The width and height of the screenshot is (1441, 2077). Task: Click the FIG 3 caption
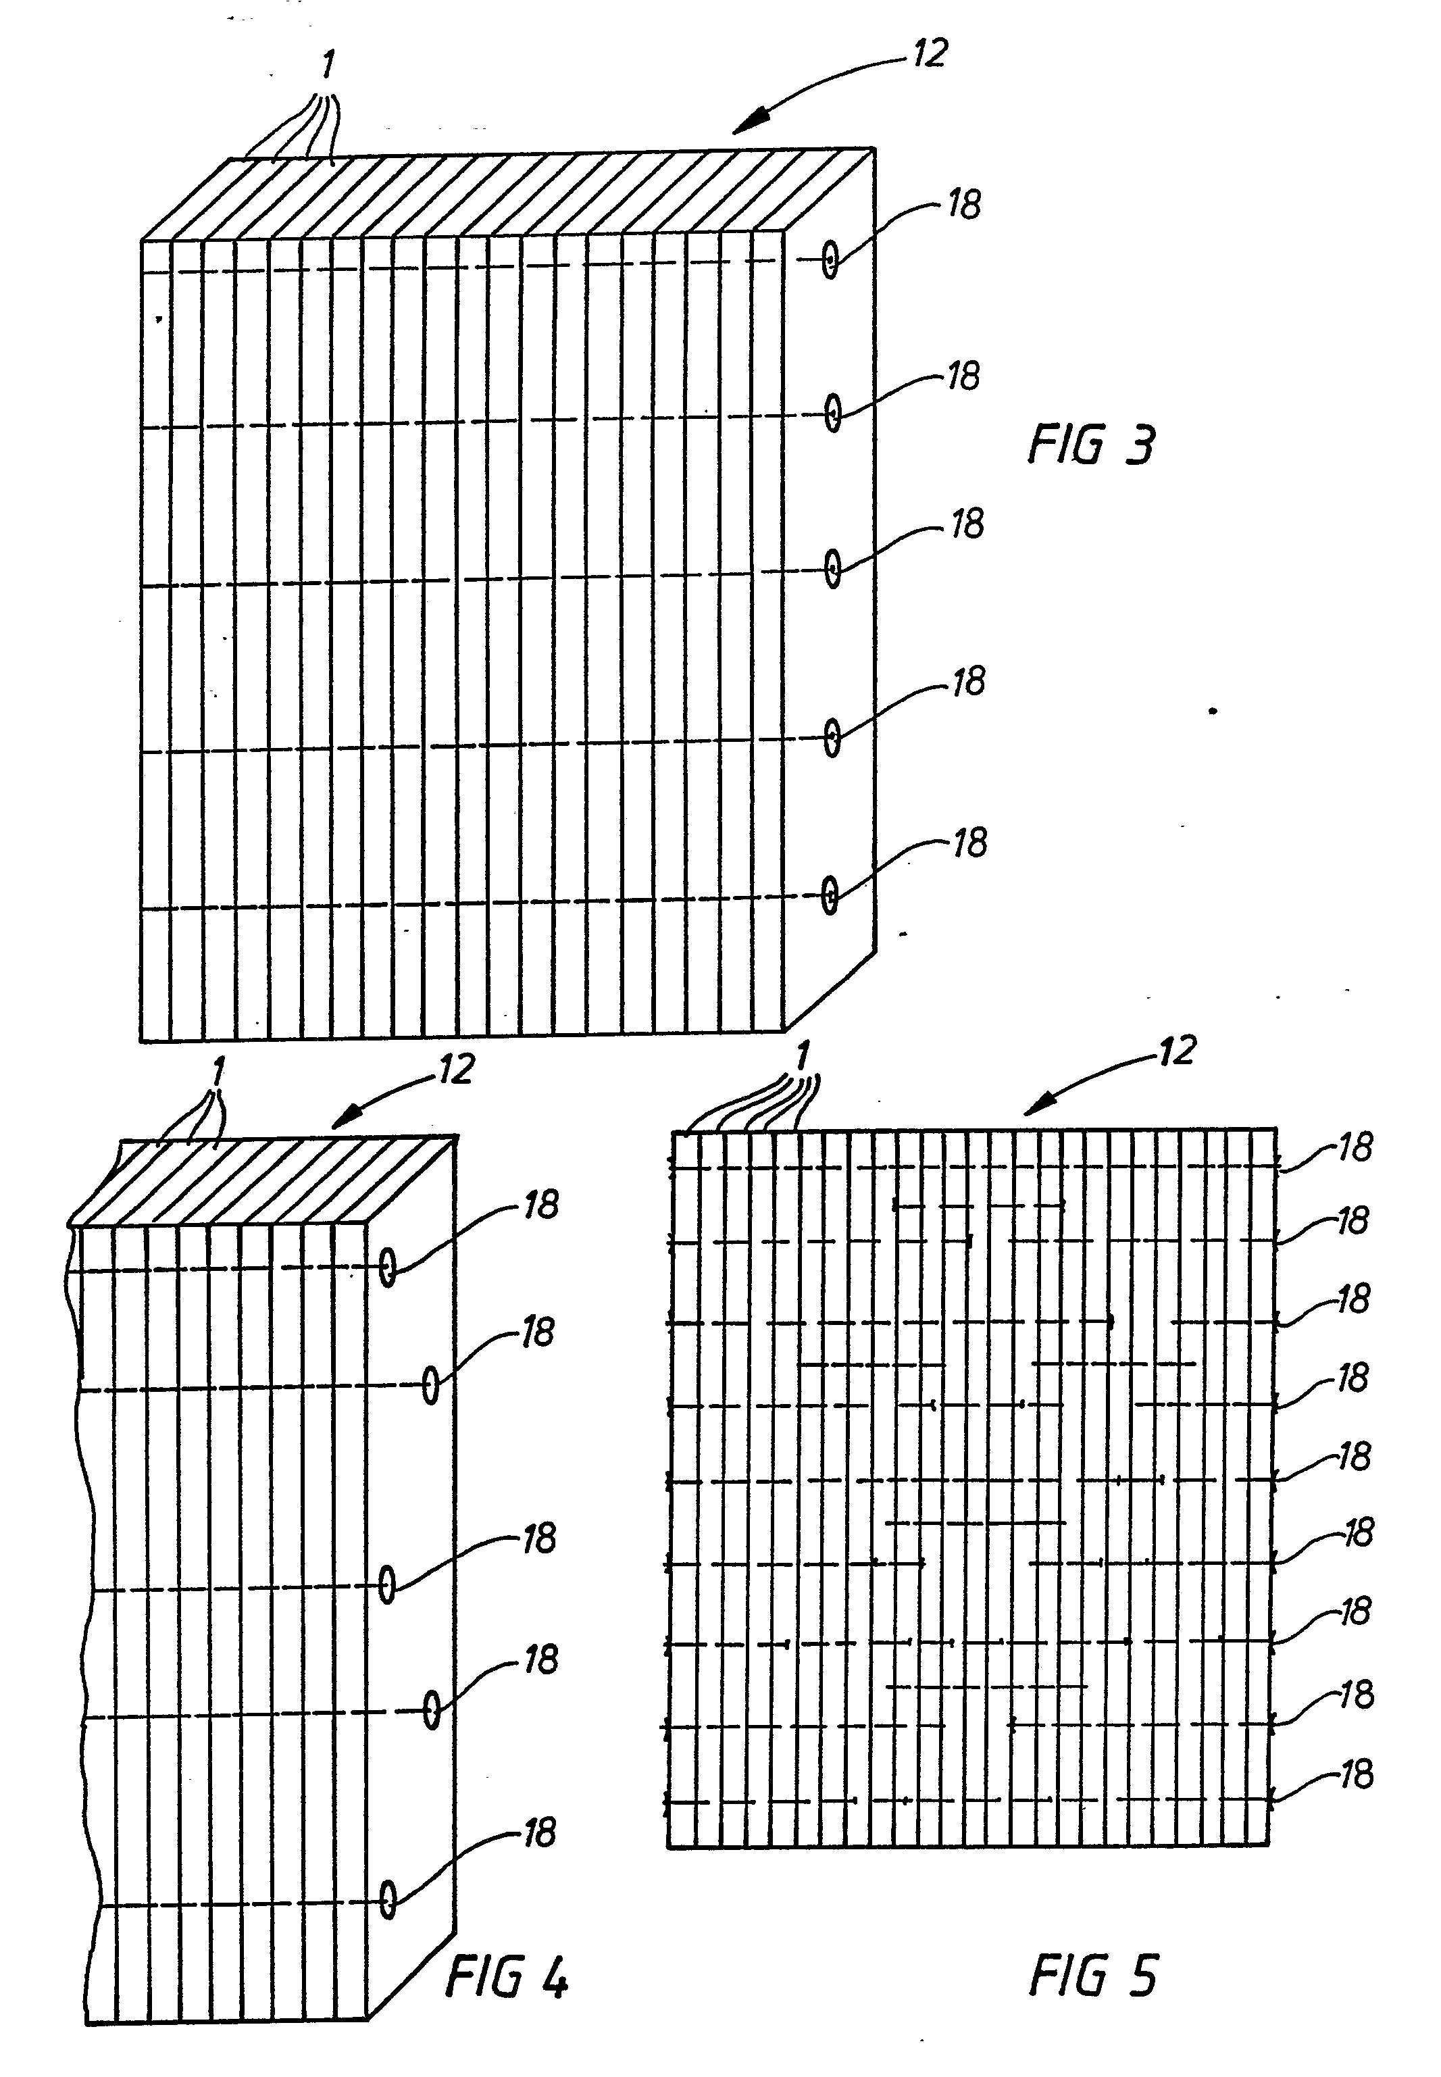(x=1092, y=445)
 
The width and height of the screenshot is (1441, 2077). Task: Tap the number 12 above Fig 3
(x=929, y=53)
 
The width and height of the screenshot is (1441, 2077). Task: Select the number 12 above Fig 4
(x=456, y=1070)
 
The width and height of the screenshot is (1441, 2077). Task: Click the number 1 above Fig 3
(x=328, y=65)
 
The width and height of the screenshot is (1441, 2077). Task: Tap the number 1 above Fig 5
(x=802, y=1055)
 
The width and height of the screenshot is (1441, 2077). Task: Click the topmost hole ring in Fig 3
(x=830, y=261)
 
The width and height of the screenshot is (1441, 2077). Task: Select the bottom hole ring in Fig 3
(x=830, y=895)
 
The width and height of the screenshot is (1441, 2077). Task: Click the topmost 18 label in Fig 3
(x=963, y=205)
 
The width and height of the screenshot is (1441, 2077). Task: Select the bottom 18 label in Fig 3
(x=969, y=843)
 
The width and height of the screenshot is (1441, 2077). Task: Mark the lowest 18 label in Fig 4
(x=540, y=1833)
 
